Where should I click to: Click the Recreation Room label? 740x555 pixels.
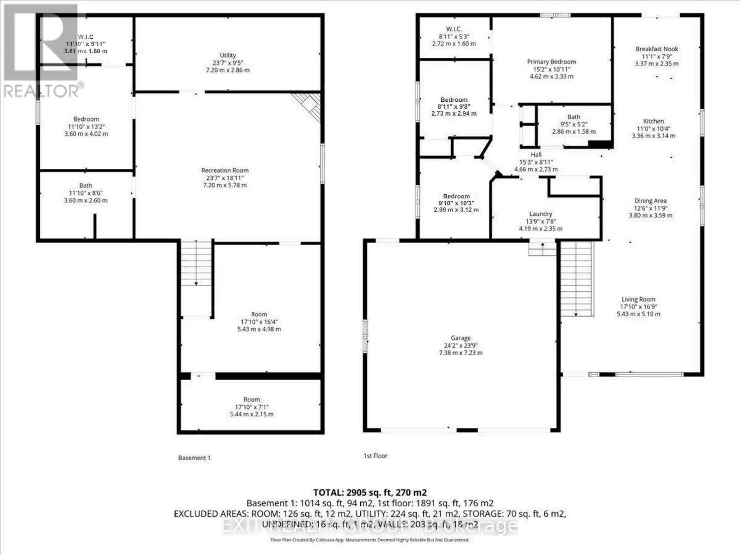pyautogui.click(x=225, y=171)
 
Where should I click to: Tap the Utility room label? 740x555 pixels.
pyautogui.click(x=228, y=55)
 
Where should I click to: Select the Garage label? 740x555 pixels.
pyautogui.click(x=461, y=338)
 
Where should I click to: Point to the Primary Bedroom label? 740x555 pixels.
pyautogui.click(x=551, y=62)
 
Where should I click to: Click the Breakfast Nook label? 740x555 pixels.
pyautogui.click(x=657, y=49)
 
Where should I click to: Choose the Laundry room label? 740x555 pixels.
pyautogui.click(x=541, y=214)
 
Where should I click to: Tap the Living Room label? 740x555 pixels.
pyautogui.click(x=638, y=299)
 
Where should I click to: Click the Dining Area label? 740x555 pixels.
pyautogui.click(x=650, y=201)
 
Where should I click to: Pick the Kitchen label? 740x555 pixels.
pyautogui.click(x=653, y=121)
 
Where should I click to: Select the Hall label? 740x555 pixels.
pyautogui.click(x=536, y=154)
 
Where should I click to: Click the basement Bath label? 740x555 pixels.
pyautogui.click(x=86, y=185)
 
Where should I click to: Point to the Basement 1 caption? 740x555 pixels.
pyautogui.click(x=194, y=458)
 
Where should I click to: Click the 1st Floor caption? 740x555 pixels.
pyautogui.click(x=375, y=456)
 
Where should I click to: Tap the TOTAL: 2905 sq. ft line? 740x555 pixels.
pyautogui.click(x=370, y=492)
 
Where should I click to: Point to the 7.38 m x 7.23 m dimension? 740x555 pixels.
pyautogui.click(x=461, y=353)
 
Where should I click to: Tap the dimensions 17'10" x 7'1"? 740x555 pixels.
pyautogui.click(x=252, y=407)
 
